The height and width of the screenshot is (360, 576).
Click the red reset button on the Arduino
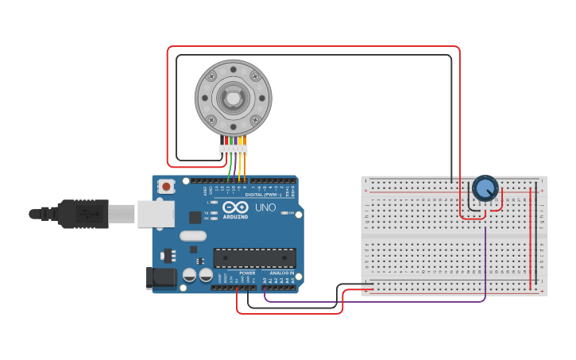click(x=166, y=187)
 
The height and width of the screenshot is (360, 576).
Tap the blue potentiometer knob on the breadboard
click(x=485, y=188)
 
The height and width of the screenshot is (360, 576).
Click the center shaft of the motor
click(x=233, y=99)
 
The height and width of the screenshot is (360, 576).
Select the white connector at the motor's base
click(x=234, y=149)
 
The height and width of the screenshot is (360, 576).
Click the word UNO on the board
click(x=265, y=208)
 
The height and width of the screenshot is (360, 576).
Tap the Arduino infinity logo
click(x=235, y=207)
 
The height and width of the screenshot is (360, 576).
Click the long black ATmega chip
click(x=254, y=257)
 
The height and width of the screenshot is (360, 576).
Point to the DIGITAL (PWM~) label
click(x=263, y=195)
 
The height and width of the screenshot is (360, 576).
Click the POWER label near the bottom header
click(x=247, y=273)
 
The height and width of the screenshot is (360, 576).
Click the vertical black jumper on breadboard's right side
click(x=535, y=238)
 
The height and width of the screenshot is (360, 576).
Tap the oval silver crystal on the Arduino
click(x=193, y=235)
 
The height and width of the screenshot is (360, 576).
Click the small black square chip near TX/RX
click(x=195, y=217)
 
